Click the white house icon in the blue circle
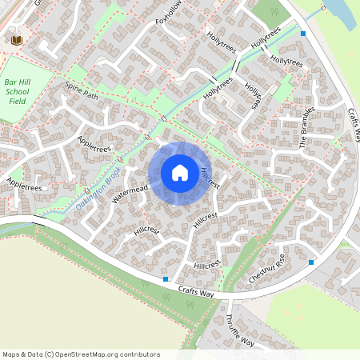180,173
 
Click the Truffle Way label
239,330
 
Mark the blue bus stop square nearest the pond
302,34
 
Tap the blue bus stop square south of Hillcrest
166,279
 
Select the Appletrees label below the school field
23,185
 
